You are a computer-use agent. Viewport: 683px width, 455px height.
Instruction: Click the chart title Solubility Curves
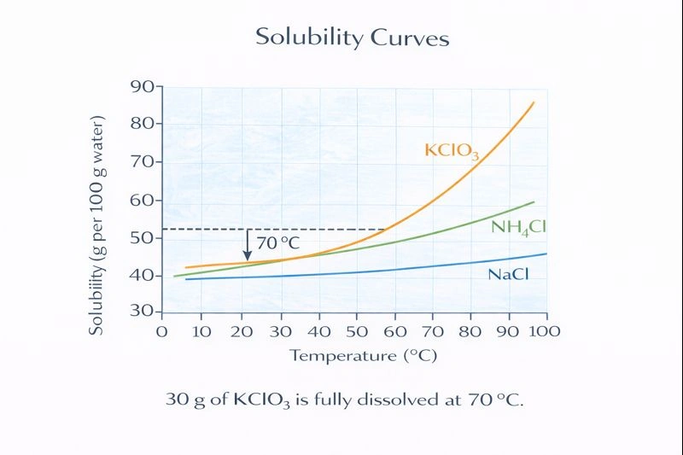click(352, 38)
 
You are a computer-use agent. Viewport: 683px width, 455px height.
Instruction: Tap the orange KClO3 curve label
click(452, 151)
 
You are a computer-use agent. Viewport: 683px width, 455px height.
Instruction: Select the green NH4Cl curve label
click(518, 227)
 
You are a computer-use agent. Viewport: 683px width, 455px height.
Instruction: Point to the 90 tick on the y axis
click(142, 86)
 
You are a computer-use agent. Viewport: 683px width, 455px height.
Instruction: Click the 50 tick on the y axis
click(142, 237)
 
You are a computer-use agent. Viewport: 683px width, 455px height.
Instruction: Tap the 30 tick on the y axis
click(142, 312)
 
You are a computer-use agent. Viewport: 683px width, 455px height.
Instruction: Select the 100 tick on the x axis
click(545, 330)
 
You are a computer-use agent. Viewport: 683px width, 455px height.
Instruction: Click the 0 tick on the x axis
click(162, 330)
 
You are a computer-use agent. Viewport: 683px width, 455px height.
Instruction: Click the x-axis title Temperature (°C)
click(363, 355)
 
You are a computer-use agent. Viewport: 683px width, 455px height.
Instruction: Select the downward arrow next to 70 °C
click(248, 244)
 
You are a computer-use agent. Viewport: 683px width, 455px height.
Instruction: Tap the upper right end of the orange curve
click(534, 103)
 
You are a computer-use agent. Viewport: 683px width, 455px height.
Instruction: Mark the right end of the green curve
click(534, 202)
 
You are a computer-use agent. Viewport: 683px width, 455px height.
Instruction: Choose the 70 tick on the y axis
click(142, 161)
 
